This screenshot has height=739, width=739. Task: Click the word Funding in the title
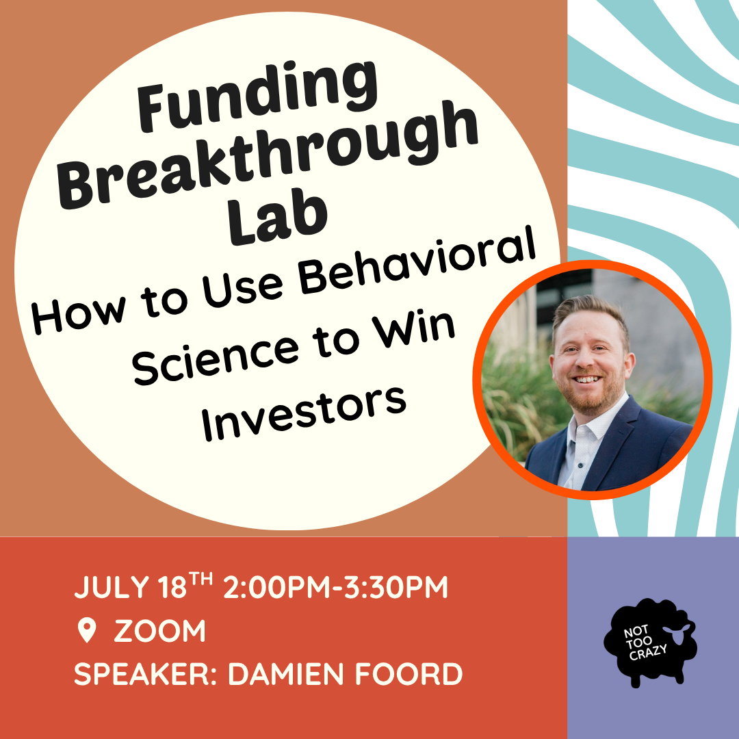257,96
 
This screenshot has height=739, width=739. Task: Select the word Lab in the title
278,220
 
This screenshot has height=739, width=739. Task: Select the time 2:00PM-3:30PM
335,587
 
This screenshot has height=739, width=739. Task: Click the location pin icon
87,631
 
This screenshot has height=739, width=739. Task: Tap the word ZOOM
159,631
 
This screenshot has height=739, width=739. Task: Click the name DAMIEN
286,674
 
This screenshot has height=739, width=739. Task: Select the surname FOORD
409,674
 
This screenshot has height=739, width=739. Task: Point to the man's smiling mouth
587,378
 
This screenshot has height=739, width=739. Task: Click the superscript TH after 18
200,578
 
